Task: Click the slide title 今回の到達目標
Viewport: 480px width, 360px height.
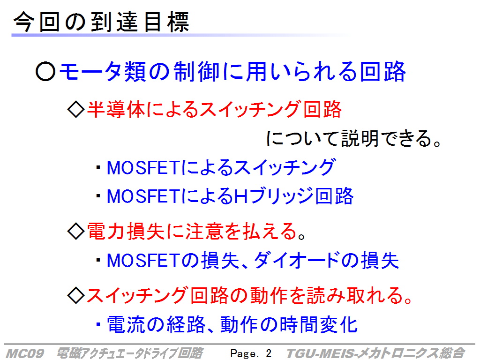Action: pyautogui.click(x=101, y=22)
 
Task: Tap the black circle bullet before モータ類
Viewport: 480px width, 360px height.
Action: pyautogui.click(x=45, y=72)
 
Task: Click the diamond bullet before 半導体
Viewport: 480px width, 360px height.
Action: pyautogui.click(x=75, y=109)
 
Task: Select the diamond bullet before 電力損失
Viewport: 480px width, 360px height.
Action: pyautogui.click(x=75, y=231)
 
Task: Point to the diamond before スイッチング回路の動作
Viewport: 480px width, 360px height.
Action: pyautogui.click(x=75, y=295)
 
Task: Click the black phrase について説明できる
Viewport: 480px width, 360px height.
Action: pyautogui.click(x=348, y=138)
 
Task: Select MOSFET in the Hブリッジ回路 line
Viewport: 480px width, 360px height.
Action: pyautogui.click(x=142, y=196)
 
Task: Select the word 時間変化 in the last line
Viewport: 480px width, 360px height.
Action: pyautogui.click(x=319, y=324)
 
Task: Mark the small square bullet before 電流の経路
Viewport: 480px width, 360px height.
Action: pyautogui.click(x=98, y=324)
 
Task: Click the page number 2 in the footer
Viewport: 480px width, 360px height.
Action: pyautogui.click(x=269, y=353)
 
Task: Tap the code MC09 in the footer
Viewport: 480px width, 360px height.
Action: pyautogui.click(x=25, y=353)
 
